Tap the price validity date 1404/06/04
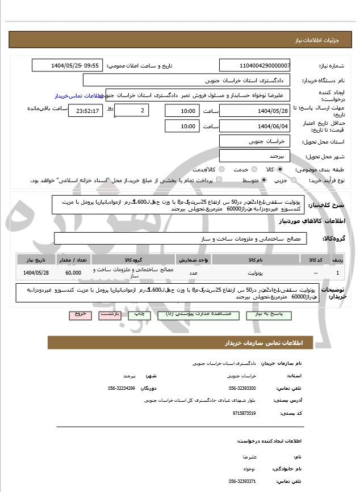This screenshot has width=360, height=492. click(254, 126)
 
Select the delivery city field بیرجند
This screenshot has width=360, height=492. click(254, 155)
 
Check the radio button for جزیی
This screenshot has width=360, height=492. click(294, 180)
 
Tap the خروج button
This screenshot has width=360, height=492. click(79, 313)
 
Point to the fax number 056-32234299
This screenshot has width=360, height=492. click(122, 388)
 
